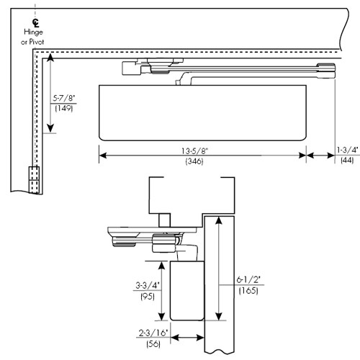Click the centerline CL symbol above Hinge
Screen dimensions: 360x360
(x=33, y=22)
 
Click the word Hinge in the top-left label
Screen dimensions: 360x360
(x=33, y=33)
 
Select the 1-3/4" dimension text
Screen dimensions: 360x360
(x=347, y=150)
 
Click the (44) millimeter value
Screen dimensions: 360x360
(x=347, y=161)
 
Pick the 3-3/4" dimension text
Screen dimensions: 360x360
(x=149, y=284)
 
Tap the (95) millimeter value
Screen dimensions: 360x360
(x=149, y=295)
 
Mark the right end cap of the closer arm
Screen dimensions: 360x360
(x=328, y=69)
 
